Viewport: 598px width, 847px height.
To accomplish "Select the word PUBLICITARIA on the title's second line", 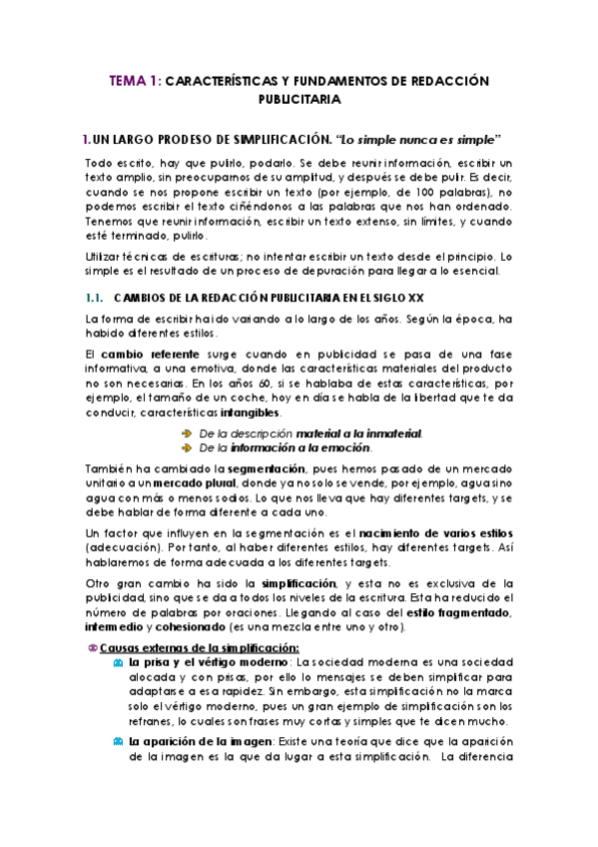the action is (299, 100).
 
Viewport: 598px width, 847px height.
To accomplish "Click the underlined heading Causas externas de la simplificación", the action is (186, 647).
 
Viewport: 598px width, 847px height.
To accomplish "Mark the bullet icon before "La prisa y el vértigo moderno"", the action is (121, 662).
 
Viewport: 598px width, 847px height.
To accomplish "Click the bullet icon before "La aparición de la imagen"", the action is (121, 742).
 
